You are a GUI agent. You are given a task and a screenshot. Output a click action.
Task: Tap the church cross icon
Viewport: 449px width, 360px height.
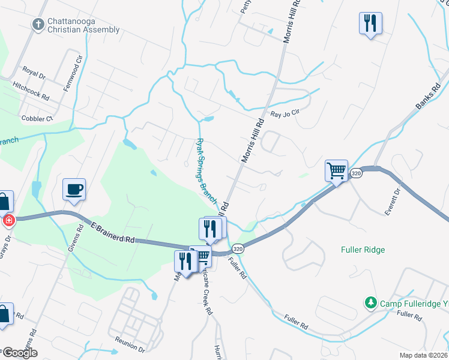pos(38,25)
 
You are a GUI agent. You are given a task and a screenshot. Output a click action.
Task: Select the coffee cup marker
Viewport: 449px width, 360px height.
pos(74,190)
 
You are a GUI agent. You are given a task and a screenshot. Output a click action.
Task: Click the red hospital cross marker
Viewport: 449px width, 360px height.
pos(9,220)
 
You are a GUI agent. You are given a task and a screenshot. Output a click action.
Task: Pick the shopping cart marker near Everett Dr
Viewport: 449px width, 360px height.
pos(337,171)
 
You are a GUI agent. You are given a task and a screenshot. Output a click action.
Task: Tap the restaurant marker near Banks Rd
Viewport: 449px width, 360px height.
pos(370,23)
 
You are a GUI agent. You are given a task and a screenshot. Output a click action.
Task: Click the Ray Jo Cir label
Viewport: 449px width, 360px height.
pos(285,114)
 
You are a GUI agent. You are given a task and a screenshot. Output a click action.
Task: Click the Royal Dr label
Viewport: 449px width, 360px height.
pos(34,73)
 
